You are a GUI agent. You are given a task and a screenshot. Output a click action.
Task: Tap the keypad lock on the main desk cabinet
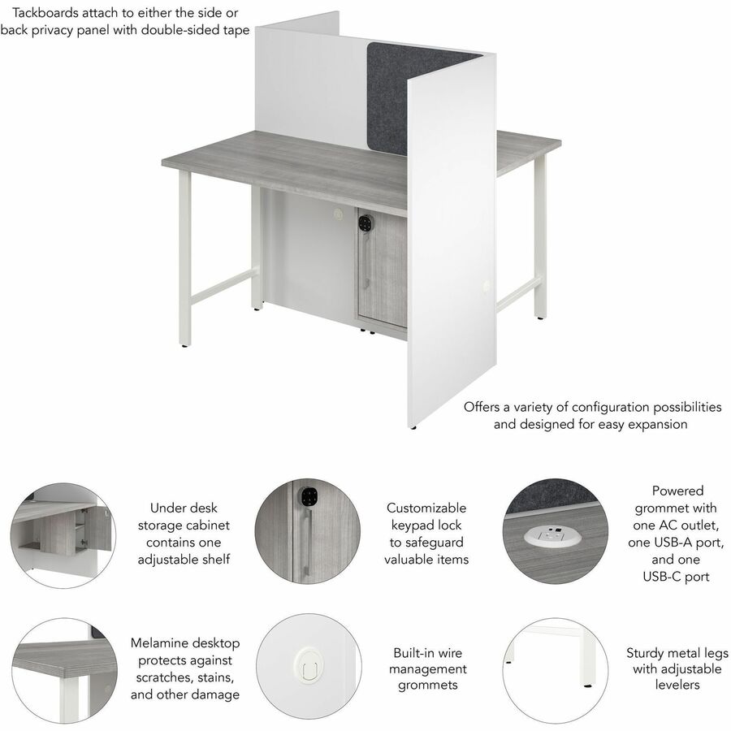365,222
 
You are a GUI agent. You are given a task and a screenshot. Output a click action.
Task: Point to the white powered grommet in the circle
552,539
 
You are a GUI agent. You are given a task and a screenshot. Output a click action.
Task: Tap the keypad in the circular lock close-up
308,496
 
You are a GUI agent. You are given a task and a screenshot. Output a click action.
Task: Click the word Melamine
157,643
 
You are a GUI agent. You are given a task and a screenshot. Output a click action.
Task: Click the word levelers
677,685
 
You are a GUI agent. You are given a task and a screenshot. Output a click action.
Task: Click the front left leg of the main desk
184,259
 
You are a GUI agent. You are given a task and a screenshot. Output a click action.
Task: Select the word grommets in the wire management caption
427,685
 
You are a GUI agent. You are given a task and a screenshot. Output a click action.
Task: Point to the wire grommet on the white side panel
487,286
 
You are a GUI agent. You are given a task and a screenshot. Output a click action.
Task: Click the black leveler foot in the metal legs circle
587,686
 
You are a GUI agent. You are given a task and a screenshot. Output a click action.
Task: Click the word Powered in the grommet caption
677,491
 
